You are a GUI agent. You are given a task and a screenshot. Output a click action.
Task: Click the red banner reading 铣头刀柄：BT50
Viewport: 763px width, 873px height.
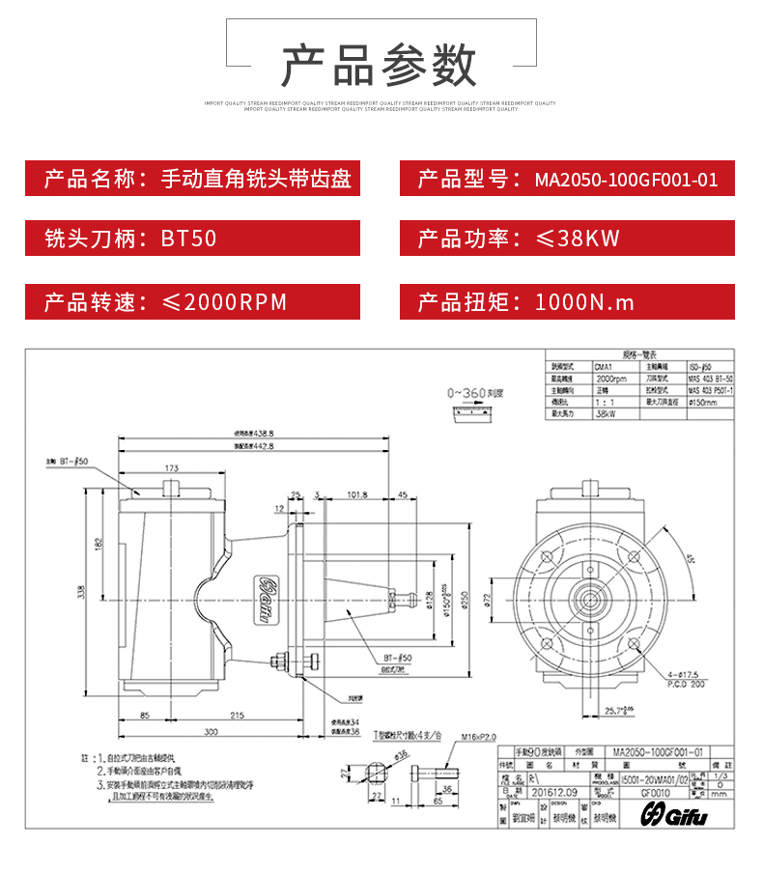192,239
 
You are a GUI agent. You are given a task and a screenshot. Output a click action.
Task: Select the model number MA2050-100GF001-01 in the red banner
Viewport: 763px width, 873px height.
626,180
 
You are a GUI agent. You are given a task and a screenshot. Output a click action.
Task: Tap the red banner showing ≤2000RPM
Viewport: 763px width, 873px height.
192,301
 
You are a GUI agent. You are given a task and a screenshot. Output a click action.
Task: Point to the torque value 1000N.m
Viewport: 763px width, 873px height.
584,301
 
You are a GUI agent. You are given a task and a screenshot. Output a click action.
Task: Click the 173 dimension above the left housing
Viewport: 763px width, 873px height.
171,468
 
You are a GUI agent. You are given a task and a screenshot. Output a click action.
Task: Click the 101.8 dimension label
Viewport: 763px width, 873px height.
357,495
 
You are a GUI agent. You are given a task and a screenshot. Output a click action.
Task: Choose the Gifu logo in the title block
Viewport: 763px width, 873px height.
675,816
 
